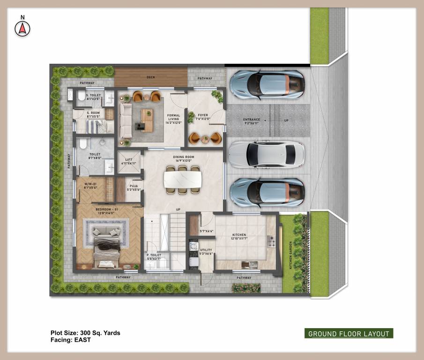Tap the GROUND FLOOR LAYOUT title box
[349, 334]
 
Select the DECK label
[151, 77]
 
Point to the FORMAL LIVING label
[173, 118]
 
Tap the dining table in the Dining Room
[183, 179]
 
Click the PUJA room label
[133, 187]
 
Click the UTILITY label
[206, 251]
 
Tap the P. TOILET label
[154, 256]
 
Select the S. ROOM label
[94, 113]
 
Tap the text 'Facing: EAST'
[71, 340]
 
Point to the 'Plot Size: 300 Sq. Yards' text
[85, 333]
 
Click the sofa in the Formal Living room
[126, 120]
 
